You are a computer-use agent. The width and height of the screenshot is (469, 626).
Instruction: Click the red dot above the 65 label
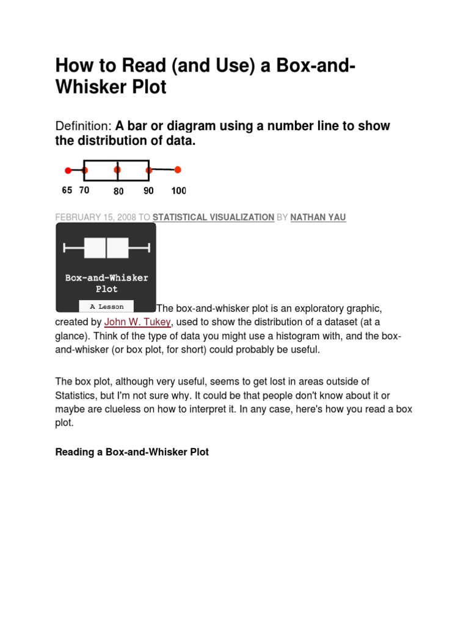[x=68, y=171]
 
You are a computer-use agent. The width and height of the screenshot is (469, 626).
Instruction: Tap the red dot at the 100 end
[x=178, y=170]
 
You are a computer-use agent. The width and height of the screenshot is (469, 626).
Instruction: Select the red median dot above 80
[x=117, y=171]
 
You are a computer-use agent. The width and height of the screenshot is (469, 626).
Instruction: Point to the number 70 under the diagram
[x=84, y=190]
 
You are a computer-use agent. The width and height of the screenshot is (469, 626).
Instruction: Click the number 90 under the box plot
[x=148, y=191]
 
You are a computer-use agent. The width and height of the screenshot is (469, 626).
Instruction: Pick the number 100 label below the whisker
[x=178, y=191]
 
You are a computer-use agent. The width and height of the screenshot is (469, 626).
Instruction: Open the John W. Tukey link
[x=137, y=322]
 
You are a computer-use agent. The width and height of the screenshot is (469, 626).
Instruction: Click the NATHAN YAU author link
[x=318, y=217]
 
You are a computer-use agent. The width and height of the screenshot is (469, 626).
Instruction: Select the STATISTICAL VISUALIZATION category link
[x=213, y=217]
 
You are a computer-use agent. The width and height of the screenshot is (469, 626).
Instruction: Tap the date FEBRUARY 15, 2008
[x=94, y=217]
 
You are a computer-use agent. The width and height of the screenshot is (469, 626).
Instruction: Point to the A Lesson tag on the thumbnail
[x=107, y=307]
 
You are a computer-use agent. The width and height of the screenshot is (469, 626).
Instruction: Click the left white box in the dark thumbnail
[x=94, y=248]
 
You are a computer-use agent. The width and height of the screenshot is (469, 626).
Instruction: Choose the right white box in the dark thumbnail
[x=118, y=248]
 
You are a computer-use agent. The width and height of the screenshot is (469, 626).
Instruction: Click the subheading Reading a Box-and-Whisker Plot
[x=132, y=452]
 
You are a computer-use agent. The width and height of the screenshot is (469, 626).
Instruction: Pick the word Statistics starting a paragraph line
[x=77, y=396]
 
